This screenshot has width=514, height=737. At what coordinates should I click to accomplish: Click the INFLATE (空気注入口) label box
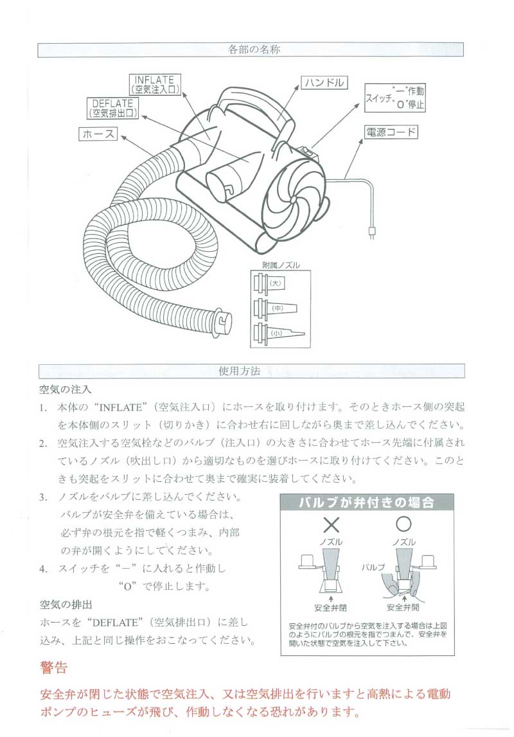pyautogui.click(x=155, y=84)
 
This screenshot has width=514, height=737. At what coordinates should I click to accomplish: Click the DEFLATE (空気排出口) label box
pyautogui.click(x=112, y=107)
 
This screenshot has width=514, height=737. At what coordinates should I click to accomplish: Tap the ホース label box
pyautogui.click(x=98, y=134)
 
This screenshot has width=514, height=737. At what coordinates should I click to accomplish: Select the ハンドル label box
pyautogui.click(x=324, y=82)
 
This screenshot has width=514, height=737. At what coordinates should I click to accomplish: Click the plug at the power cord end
pyautogui.click(x=371, y=229)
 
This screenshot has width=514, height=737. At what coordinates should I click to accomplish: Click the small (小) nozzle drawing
pyautogui.click(x=276, y=333)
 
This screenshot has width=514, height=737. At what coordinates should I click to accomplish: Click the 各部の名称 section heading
pyautogui.click(x=253, y=49)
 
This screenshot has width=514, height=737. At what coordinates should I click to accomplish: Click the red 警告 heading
pyautogui.click(x=53, y=668)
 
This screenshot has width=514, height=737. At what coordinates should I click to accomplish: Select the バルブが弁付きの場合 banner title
pyautogui.click(x=367, y=502)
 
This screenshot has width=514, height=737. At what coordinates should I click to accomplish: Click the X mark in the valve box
pyautogui.click(x=331, y=525)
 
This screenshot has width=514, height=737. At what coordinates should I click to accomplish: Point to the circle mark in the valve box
pyautogui.click(x=403, y=524)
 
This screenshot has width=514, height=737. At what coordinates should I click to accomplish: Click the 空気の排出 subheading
pyautogui.click(x=66, y=605)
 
